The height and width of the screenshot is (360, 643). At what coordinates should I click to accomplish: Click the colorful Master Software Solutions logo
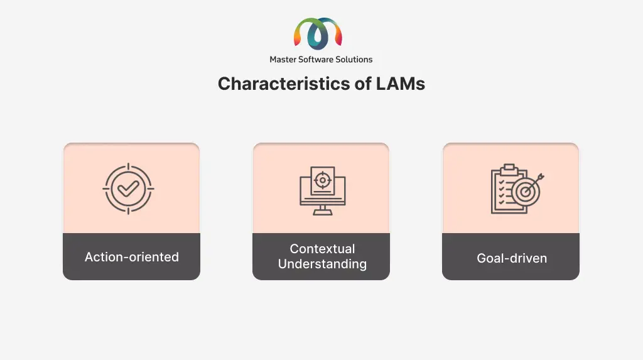coord(318,33)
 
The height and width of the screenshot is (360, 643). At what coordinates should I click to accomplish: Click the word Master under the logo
coord(283,60)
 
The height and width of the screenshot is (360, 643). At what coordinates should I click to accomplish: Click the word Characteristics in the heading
coord(284,84)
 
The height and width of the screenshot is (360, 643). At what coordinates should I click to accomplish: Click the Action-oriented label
coord(132,257)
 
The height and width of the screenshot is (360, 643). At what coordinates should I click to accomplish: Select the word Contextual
coord(322,249)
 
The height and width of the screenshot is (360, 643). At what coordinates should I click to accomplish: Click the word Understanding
coord(322,265)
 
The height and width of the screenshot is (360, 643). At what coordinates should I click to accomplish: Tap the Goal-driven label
coord(512,258)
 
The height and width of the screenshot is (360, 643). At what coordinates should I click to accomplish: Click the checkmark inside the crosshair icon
coord(128,189)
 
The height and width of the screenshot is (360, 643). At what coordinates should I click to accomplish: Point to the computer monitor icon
coord(323,190)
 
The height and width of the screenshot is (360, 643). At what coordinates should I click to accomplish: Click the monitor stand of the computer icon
coord(323,210)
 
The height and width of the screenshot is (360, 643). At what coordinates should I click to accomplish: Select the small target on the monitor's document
coord(323,180)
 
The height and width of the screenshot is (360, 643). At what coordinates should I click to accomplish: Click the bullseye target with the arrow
coord(526,190)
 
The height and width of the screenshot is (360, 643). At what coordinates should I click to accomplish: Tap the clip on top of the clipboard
coord(509,168)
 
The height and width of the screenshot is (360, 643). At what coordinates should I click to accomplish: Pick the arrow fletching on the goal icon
coord(541,177)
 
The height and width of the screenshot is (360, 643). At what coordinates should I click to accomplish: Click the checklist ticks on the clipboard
coord(502,192)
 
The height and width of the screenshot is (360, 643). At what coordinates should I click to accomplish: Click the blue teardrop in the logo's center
coord(317,36)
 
